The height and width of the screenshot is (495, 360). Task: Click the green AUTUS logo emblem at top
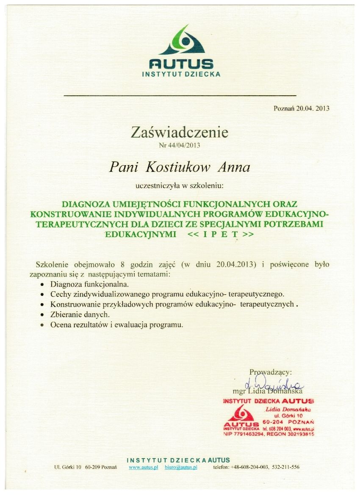[181, 41]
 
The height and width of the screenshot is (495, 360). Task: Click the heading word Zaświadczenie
[180, 133]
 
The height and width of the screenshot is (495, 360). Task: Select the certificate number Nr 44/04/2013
[180, 145]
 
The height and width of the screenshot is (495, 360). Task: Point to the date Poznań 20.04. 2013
[302, 108]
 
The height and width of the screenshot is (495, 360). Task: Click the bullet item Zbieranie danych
[80, 315]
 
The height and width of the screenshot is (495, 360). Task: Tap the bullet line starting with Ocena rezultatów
[116, 325]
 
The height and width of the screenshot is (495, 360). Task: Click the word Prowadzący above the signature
[270, 372]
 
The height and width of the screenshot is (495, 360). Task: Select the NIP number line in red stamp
[269, 434]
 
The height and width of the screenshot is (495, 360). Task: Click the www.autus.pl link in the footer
[143, 467]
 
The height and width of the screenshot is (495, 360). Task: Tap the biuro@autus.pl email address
[181, 467]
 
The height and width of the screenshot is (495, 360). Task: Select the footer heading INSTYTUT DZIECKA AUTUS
[178, 460]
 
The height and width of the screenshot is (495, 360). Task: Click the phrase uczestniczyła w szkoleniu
[179, 185]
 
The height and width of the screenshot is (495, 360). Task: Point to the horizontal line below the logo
[180, 96]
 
